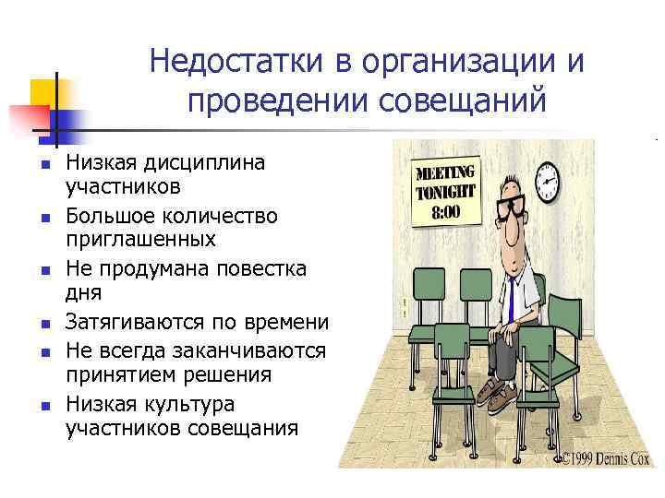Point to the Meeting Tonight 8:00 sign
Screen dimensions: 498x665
click(446, 192)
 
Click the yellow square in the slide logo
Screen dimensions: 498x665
click(43, 93)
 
